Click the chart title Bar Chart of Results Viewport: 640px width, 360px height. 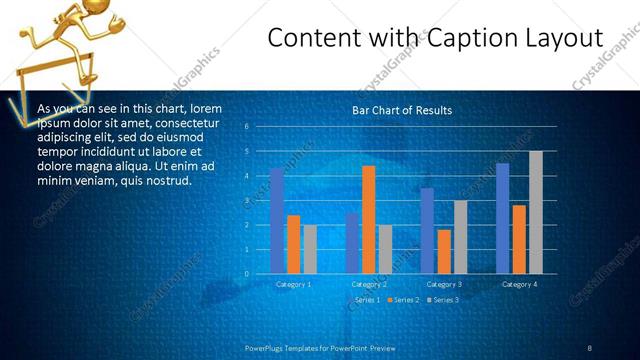402,110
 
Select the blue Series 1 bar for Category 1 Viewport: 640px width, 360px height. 277,221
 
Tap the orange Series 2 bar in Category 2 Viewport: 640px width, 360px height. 368,219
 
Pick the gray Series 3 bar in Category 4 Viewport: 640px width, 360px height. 536,212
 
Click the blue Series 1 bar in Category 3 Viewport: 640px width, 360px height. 427,231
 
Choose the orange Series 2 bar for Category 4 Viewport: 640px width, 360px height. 519,239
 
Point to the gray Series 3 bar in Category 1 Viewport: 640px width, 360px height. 310,249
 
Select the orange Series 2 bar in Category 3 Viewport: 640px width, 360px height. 444,251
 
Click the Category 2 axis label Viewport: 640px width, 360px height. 368,285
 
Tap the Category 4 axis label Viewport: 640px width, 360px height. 518,285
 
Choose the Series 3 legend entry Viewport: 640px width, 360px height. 443,300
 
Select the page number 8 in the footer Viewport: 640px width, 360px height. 589,347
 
